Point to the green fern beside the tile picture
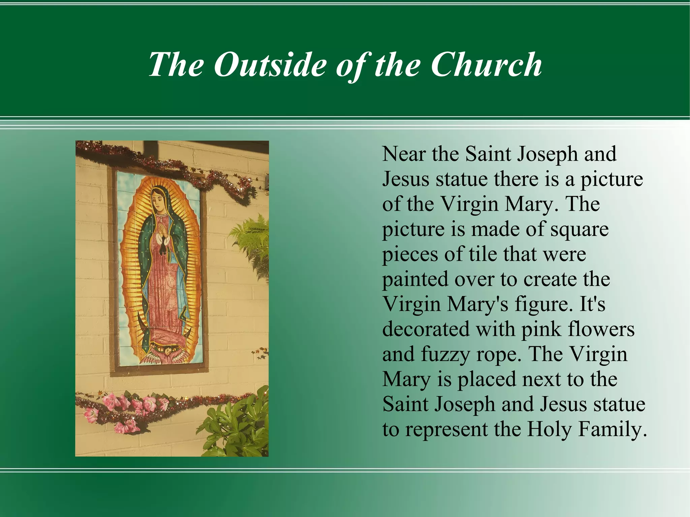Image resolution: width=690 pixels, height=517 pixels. [x=251, y=243]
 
